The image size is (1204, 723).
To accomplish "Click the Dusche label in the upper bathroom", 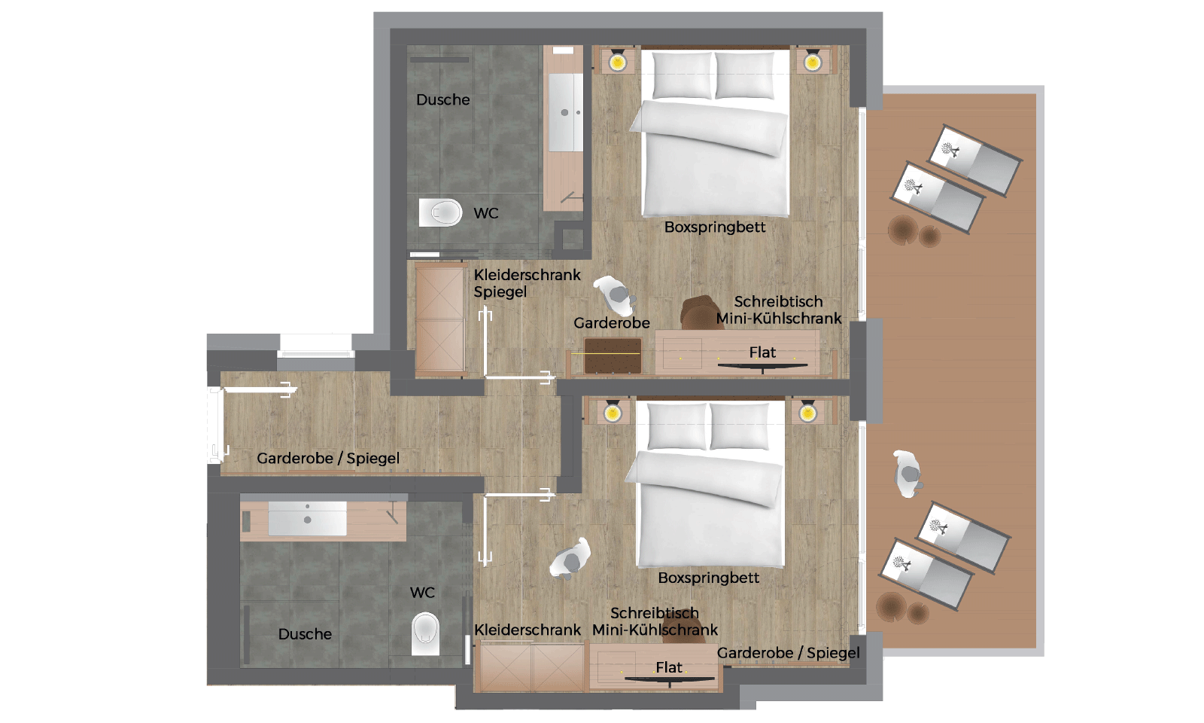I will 442,99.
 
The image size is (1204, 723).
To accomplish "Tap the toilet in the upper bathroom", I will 441,213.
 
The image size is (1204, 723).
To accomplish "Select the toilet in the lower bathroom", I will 425,633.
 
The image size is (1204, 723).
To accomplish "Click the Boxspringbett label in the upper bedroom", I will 714,227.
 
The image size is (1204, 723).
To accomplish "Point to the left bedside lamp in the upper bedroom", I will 617,61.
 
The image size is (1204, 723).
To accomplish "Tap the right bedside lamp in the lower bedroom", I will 807,413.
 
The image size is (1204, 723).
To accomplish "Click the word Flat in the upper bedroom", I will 762,352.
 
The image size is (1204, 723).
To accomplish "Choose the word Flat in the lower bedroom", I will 669,667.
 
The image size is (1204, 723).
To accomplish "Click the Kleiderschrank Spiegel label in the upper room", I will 527,283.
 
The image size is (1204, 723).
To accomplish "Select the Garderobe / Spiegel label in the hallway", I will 328,458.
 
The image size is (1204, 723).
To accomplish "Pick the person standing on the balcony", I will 908,474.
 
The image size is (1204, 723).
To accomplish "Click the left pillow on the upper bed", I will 682,75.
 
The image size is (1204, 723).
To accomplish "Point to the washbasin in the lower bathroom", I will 307,519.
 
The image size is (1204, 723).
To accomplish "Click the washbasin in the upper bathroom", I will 565,113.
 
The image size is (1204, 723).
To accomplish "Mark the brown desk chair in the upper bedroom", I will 701,312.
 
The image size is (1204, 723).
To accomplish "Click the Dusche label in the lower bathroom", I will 305,634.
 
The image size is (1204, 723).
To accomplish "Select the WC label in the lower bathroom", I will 422,593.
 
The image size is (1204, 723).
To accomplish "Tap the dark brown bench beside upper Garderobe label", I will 613,355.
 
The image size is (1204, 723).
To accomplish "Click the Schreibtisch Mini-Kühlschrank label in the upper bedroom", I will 778,310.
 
